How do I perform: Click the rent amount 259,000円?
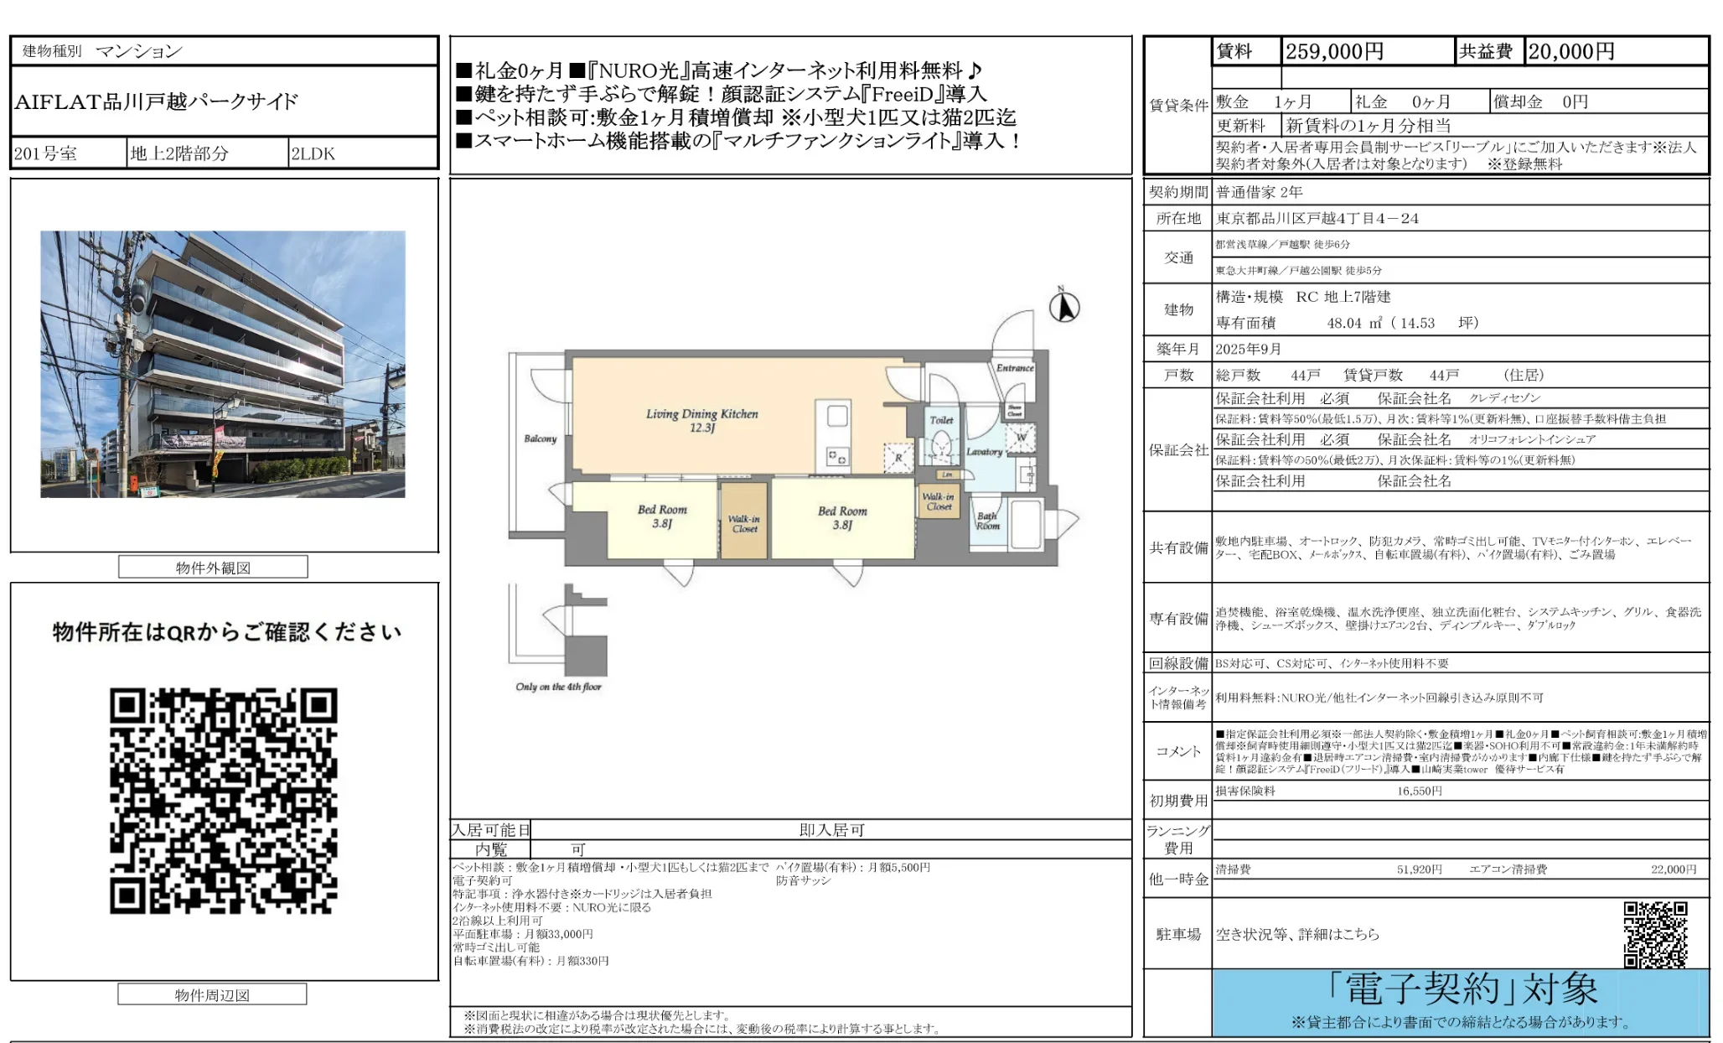click(1334, 52)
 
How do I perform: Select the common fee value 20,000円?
click(1571, 52)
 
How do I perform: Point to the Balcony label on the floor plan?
click(540, 438)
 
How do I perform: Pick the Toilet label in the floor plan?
click(941, 420)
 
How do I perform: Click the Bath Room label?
click(987, 521)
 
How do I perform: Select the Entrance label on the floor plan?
click(1014, 367)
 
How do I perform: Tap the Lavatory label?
click(984, 452)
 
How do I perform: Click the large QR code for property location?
click(224, 801)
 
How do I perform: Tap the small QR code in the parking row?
click(1655, 934)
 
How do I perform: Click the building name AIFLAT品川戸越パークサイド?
click(157, 102)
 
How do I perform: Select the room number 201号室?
click(46, 153)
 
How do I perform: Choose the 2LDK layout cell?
click(313, 153)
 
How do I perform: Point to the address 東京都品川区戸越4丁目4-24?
click(1317, 219)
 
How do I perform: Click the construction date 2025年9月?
click(1249, 349)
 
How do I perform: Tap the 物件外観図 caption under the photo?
click(213, 568)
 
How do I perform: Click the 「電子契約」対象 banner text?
click(1462, 989)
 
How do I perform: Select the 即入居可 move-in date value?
click(831, 830)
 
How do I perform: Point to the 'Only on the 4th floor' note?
click(558, 687)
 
